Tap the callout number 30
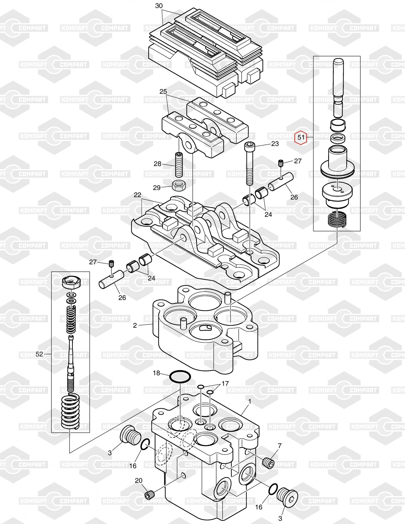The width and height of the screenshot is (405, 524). tap(159, 6)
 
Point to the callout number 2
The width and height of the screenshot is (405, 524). tap(135, 326)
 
